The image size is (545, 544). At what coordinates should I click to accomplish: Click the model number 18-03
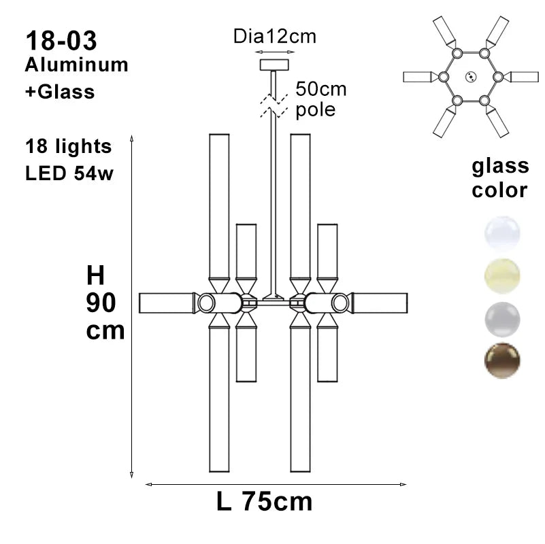61,40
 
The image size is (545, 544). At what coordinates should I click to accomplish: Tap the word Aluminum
76,65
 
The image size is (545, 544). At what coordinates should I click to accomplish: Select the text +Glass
60,91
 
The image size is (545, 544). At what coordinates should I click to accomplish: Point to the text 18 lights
68,146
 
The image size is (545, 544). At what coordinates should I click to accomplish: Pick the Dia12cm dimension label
274,37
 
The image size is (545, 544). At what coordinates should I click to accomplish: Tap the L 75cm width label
264,502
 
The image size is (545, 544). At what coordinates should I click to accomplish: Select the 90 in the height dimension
105,304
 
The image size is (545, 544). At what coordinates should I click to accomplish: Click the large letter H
96,276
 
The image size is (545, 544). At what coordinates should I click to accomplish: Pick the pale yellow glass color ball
502,275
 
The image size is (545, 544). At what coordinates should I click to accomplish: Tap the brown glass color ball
502,360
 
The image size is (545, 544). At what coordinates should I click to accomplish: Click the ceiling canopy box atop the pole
274,65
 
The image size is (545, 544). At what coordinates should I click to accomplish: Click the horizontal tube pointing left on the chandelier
167,303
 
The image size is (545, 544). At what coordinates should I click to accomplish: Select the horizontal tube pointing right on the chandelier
378,303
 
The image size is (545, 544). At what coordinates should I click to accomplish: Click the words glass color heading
500,177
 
